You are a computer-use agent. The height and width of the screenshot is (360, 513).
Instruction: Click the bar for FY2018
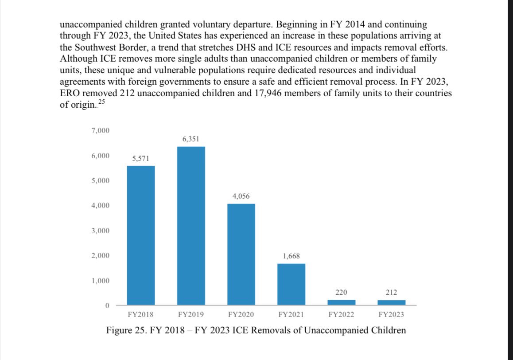[x=141, y=235]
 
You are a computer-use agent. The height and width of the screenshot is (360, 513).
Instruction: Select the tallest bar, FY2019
[x=191, y=226]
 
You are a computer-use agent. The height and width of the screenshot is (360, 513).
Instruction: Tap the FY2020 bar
[x=241, y=254]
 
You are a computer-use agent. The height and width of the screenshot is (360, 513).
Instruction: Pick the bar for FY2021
[x=291, y=284]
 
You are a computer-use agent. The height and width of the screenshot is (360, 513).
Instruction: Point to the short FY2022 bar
[x=342, y=302]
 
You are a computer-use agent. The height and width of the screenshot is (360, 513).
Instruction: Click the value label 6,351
[x=191, y=139]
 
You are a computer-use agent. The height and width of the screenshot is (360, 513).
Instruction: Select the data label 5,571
[x=141, y=159]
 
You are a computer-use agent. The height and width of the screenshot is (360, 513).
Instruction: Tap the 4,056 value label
[x=241, y=196]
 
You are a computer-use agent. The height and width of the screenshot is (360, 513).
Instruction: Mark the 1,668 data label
[x=291, y=256]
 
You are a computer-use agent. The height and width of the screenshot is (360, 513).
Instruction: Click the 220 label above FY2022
[x=342, y=293]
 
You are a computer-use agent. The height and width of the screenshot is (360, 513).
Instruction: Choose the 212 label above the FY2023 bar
[x=392, y=293]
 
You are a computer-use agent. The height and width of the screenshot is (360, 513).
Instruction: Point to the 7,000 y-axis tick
[x=101, y=131]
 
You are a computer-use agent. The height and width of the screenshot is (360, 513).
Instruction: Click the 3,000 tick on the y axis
[x=101, y=231]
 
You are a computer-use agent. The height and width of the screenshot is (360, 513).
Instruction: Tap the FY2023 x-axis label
[x=392, y=315]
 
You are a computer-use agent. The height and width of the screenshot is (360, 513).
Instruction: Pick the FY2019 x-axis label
[x=191, y=315]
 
